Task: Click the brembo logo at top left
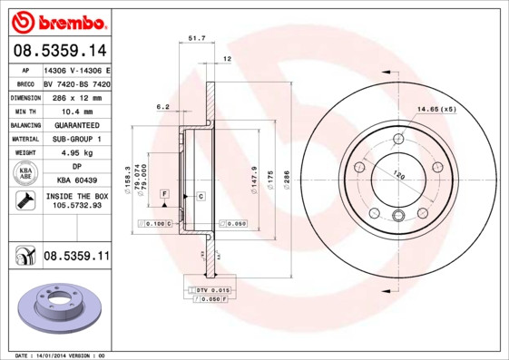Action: pos(57,20)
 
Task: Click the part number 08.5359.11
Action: pos(76,257)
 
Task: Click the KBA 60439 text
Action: pos(75,180)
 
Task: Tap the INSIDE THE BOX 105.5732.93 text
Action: pos(75,200)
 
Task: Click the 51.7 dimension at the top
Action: pos(196,38)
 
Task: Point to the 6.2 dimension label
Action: pos(163,107)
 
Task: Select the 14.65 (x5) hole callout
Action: pos(436,110)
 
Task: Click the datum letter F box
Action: pos(164,195)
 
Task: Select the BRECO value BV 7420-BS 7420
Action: pos(76,83)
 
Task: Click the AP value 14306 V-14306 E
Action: pos(76,70)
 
